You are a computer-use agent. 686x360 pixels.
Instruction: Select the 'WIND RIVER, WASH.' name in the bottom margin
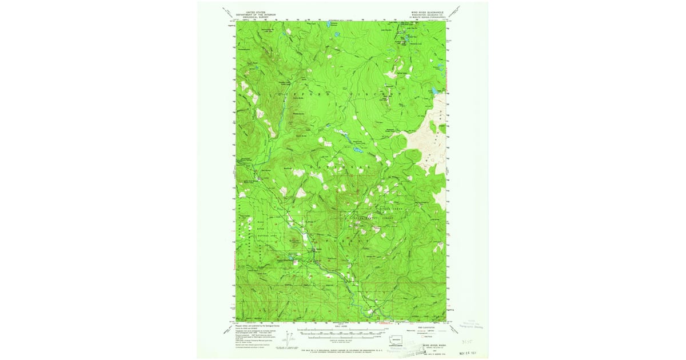[434, 345]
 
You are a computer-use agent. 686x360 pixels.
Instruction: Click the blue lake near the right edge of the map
[436, 90]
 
